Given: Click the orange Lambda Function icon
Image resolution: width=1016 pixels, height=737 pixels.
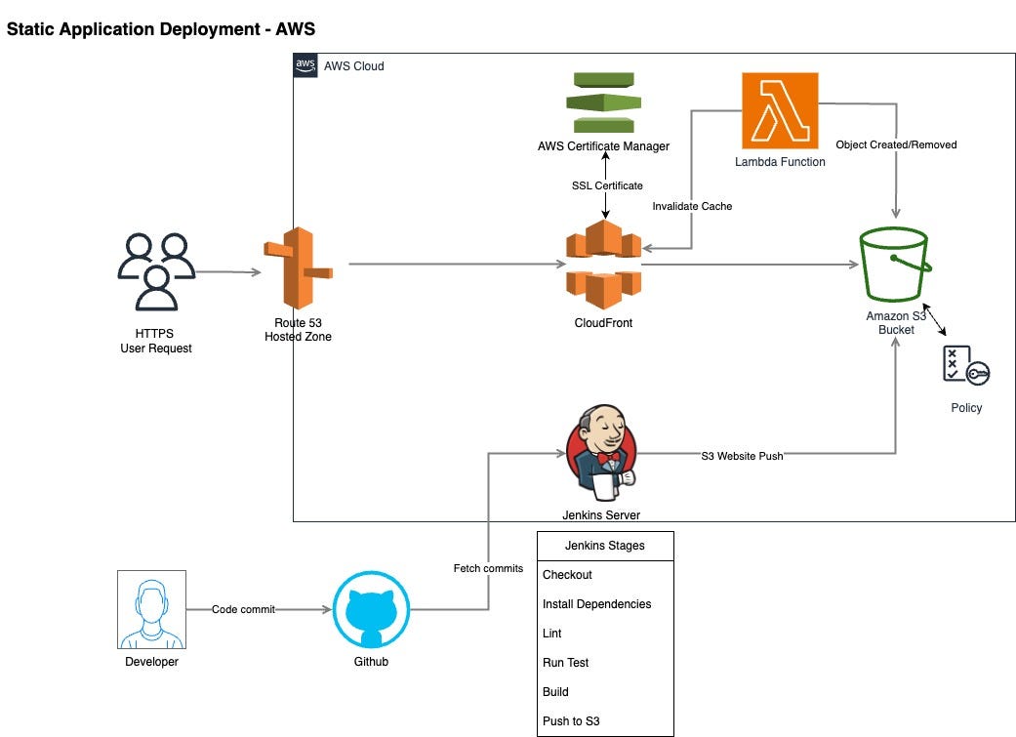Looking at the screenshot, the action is point(780,111).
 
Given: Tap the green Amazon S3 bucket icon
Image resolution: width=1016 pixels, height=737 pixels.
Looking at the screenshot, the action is point(896,264).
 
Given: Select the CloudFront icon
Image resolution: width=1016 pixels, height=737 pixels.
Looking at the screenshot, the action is point(604,265).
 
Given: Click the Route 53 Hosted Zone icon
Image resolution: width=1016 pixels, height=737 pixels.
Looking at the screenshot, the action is point(298,268).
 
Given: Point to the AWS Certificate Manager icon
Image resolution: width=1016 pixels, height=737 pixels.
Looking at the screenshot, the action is point(604,102).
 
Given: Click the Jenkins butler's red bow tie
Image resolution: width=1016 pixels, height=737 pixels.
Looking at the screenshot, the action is point(608,458).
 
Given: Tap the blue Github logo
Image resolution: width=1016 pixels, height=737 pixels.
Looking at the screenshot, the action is point(371,609).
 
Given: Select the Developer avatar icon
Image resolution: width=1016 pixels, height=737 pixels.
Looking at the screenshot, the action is point(151,609).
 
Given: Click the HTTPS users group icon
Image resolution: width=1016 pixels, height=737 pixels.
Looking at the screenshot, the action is point(156,271).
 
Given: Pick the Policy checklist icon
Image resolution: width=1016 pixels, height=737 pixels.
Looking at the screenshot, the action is point(966,366).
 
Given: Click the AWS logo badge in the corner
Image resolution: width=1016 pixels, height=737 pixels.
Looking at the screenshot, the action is point(305,65).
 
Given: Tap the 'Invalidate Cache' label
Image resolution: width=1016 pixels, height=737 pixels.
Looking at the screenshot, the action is point(692,206).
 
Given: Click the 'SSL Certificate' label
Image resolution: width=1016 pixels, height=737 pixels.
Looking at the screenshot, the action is point(607,185).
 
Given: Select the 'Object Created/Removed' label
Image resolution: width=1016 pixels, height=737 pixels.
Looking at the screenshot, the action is point(896,144).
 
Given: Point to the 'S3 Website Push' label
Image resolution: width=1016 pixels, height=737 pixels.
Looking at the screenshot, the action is point(742,456).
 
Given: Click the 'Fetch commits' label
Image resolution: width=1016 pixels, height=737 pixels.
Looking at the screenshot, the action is point(488,568).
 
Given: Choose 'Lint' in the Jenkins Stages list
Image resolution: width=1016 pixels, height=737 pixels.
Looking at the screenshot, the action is point(552,634).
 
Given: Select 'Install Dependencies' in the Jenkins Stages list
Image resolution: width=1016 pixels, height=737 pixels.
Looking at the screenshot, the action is point(596,604).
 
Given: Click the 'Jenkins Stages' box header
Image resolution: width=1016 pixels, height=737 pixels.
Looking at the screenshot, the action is point(605,546).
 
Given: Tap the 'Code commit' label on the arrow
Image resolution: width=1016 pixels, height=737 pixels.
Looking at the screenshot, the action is point(244,609).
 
